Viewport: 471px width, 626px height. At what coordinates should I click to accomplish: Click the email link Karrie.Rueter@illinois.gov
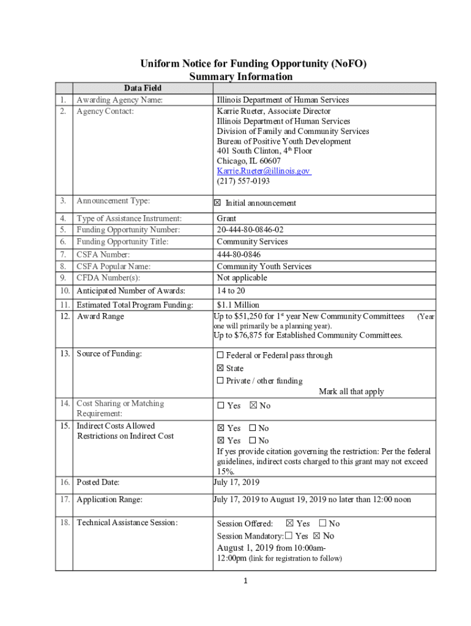tap(263, 171)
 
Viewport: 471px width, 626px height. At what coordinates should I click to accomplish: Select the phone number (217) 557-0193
tap(243, 181)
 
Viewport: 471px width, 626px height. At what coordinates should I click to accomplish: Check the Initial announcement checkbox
tap(220, 203)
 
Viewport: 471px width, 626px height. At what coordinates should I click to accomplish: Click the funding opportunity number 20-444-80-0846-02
tap(250, 230)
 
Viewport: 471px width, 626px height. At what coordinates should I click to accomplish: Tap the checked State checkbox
tap(220, 368)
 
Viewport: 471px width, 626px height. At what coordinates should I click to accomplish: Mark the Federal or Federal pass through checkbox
tap(220, 355)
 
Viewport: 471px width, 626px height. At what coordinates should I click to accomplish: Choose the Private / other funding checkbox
tap(220, 381)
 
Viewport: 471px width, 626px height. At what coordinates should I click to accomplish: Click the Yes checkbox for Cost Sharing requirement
tap(221, 406)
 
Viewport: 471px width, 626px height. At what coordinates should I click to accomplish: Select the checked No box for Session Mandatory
tap(316, 536)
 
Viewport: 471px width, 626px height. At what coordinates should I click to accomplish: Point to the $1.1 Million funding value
tap(238, 304)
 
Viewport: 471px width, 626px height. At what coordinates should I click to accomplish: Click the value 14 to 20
tap(232, 291)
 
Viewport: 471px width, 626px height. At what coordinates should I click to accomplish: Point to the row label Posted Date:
tap(98, 482)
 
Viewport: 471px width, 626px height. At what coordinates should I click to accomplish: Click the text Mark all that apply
tap(351, 392)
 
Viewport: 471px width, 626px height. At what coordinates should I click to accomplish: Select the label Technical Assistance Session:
tap(127, 522)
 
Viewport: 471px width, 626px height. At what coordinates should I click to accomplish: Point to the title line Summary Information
tap(240, 76)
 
